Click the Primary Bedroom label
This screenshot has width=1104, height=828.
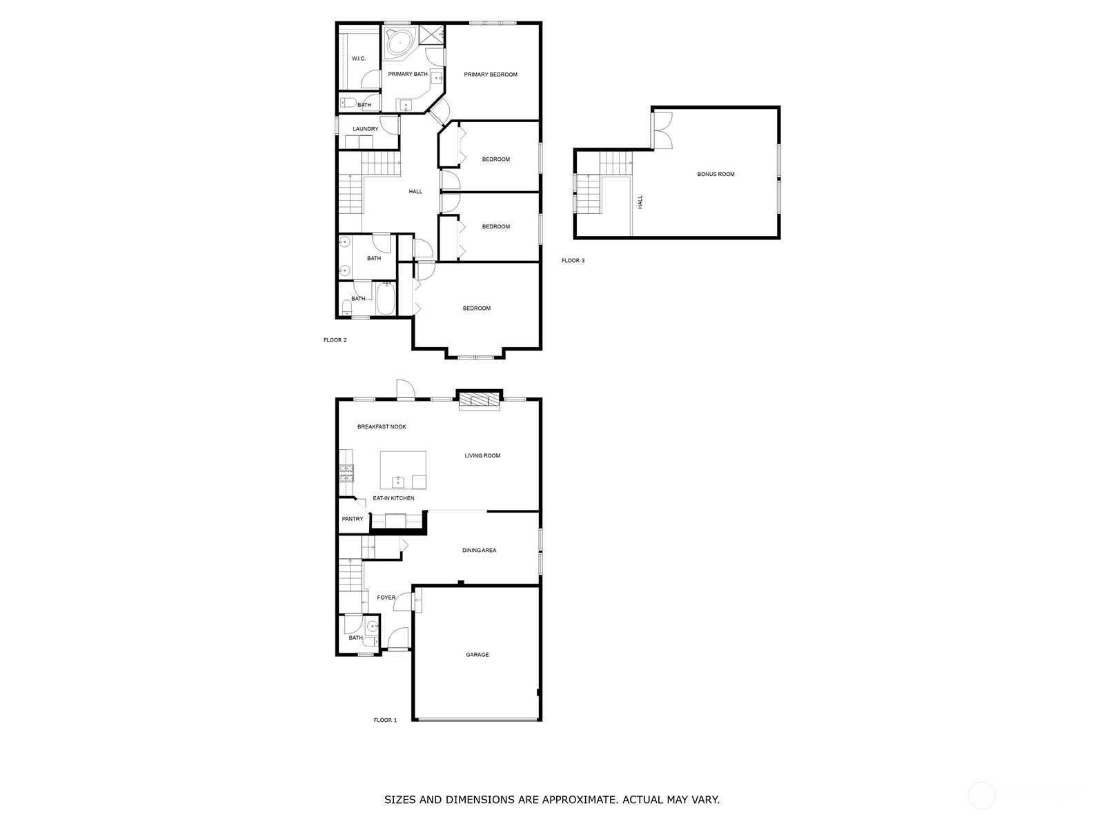(x=490, y=75)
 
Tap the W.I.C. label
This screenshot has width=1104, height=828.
(x=359, y=59)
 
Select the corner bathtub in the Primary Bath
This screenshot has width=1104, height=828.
(x=400, y=43)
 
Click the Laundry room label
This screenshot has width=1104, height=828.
(x=365, y=129)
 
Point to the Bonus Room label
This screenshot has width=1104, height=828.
(x=716, y=175)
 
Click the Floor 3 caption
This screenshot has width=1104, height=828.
(x=573, y=260)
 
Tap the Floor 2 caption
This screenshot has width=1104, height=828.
(x=335, y=340)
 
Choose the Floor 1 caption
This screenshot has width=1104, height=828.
(x=385, y=720)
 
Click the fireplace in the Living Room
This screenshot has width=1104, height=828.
(x=480, y=401)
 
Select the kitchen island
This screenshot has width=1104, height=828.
(x=403, y=470)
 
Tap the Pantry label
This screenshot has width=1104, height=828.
(x=352, y=519)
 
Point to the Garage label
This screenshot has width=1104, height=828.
(x=477, y=655)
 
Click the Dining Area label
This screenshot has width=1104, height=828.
(x=479, y=551)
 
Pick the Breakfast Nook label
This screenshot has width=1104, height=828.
(x=382, y=427)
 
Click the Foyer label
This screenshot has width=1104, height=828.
(x=386, y=598)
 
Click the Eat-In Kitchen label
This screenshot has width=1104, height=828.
(x=393, y=498)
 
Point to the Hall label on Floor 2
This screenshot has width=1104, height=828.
(x=415, y=192)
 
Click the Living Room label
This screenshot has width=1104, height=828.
(x=482, y=456)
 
